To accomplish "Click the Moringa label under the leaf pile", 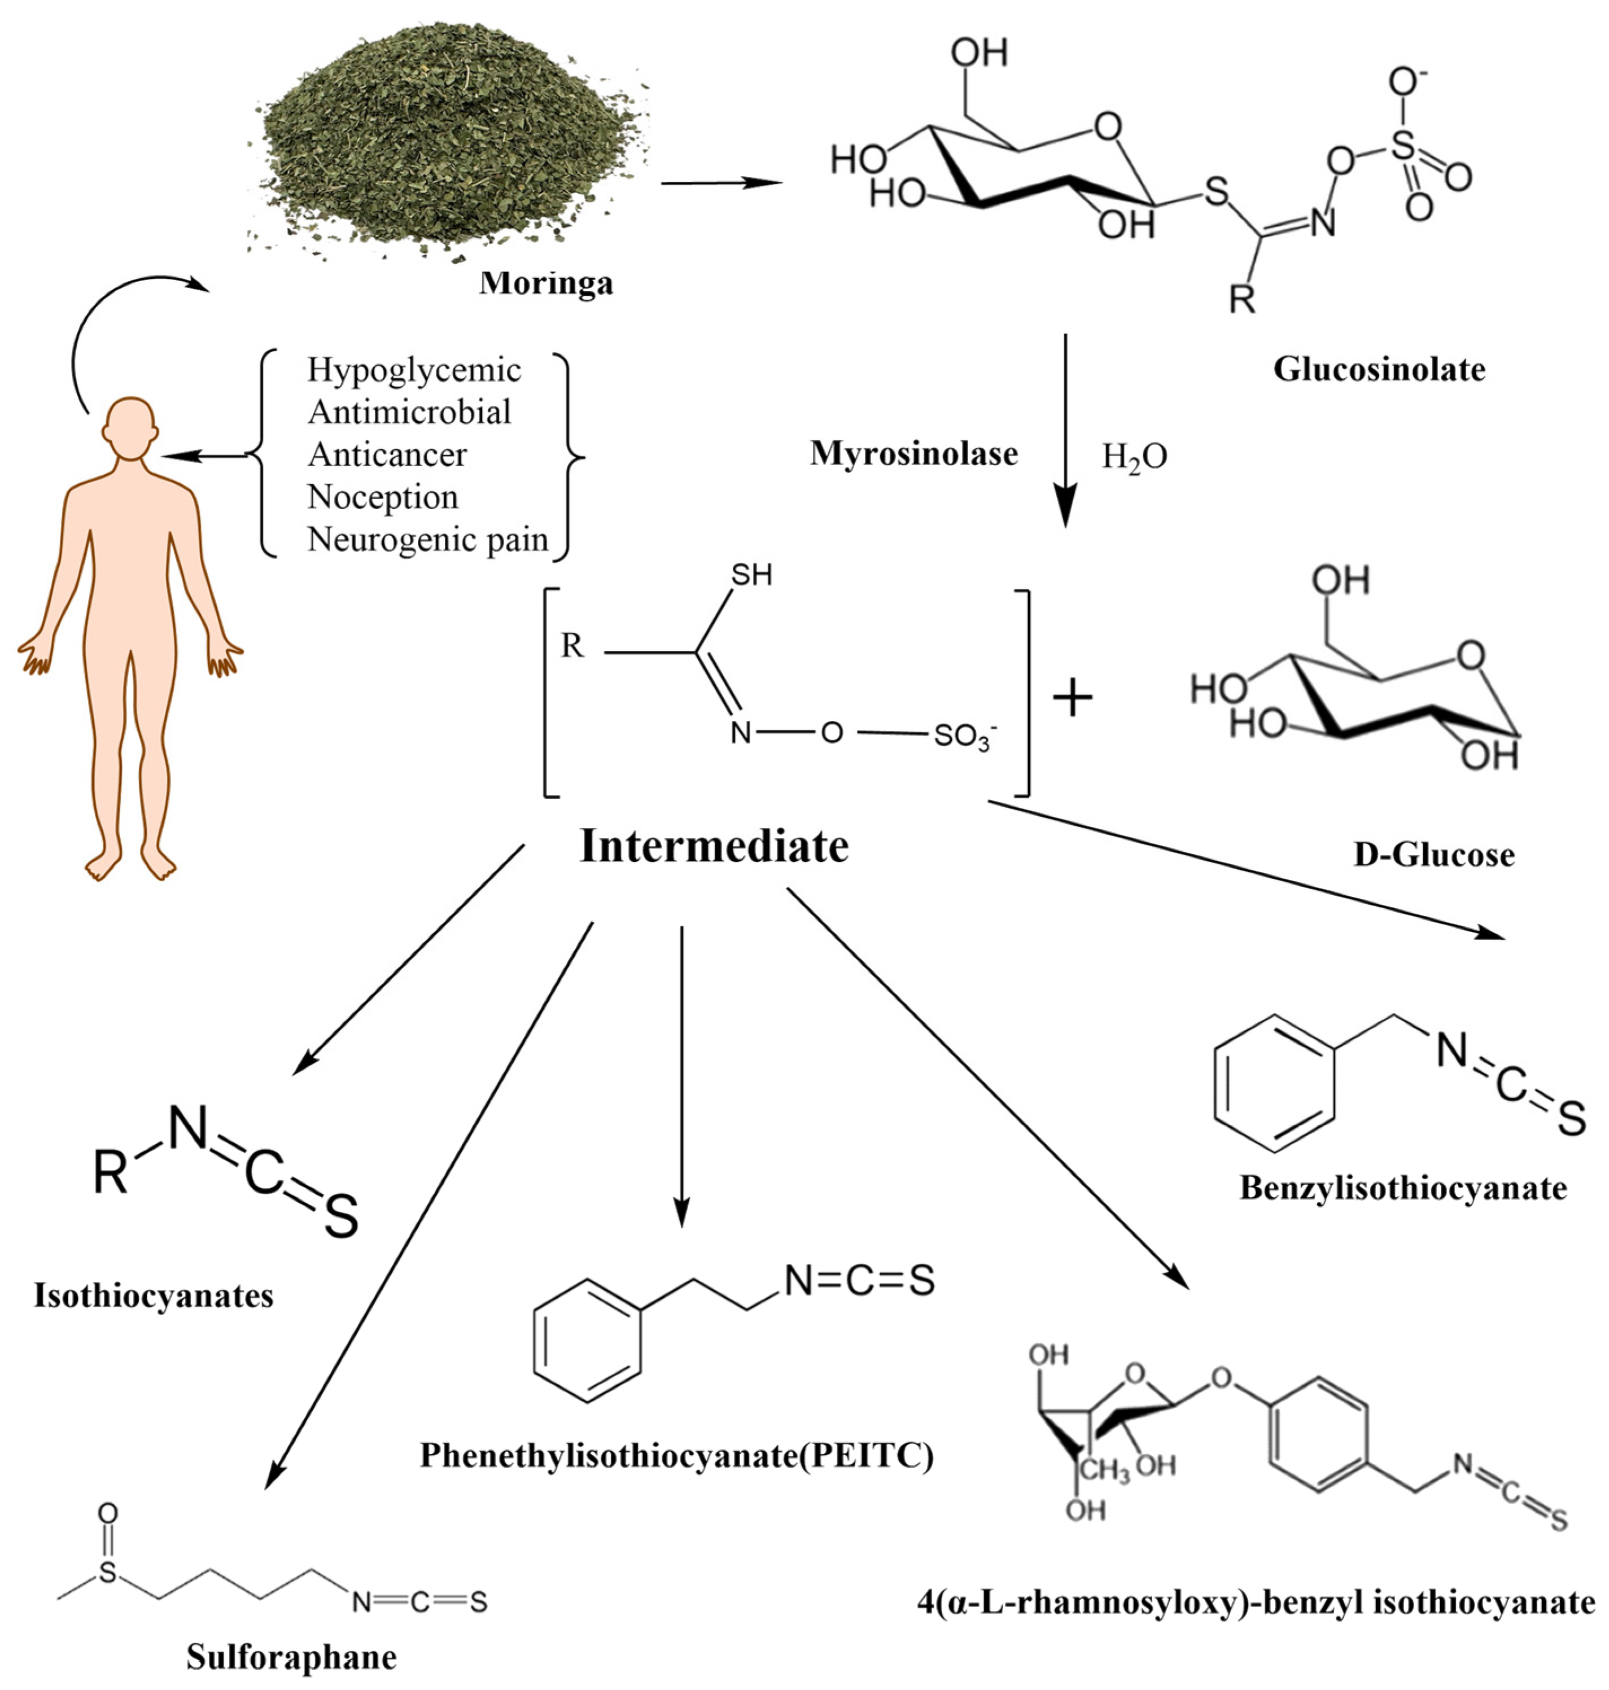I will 546,283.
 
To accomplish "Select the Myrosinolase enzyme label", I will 913,454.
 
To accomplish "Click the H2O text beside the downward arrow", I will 1134,457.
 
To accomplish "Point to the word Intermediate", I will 714,846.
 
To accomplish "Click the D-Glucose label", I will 1433,855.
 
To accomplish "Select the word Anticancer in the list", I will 388,454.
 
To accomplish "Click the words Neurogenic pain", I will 427,539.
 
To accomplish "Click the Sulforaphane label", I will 292,1657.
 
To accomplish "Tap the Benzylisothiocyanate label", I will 1403,1188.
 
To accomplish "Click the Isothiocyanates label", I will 154,1295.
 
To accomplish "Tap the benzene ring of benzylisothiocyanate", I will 1275,1083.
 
